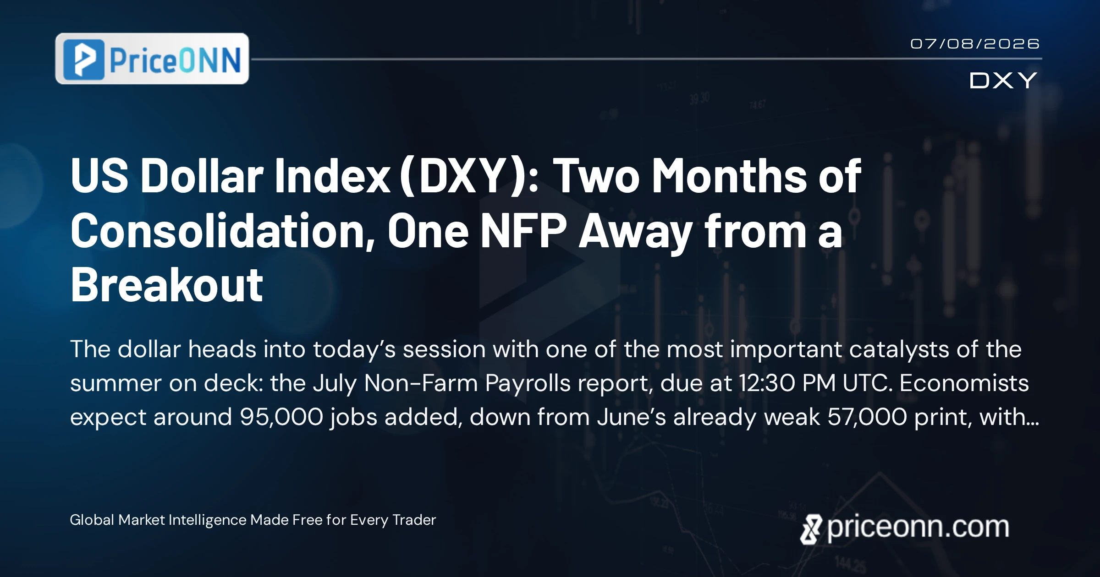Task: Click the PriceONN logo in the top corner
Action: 152,59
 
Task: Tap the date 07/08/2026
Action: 975,44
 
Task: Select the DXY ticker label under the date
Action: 1003,81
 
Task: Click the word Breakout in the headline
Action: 167,285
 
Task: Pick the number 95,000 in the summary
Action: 281,417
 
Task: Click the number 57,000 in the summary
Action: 867,417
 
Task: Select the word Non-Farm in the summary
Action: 421,383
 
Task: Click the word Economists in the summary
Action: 964,383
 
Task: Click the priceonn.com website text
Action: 918,528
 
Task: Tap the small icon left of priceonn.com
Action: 811,529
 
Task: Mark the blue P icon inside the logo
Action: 84,60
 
